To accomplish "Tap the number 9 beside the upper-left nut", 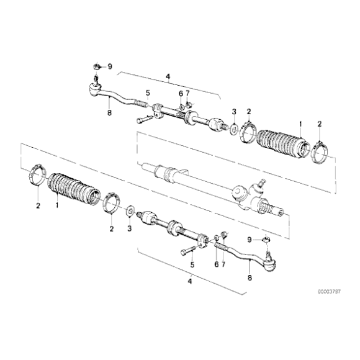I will (110, 66).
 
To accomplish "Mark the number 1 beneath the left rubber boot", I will (58, 205).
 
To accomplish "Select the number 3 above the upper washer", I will (233, 111).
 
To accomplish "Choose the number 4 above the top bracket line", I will (168, 78).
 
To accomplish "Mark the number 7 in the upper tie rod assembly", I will (187, 93).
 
